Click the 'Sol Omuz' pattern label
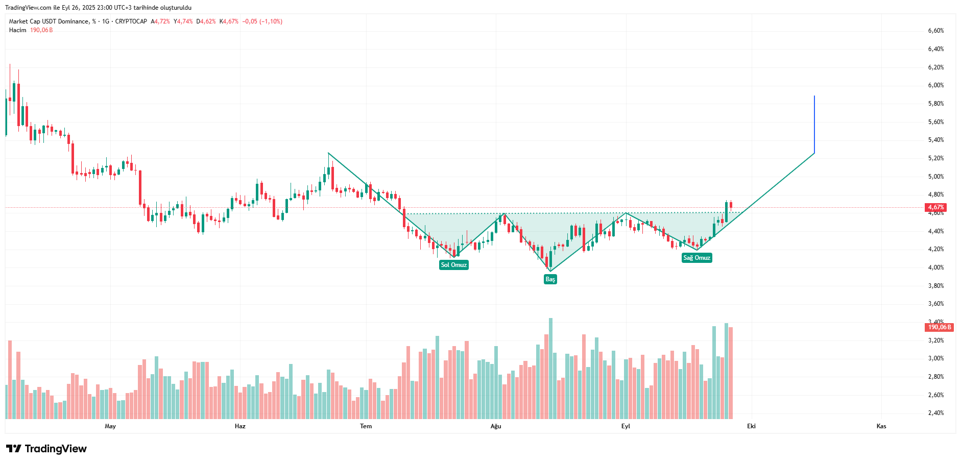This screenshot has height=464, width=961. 453,265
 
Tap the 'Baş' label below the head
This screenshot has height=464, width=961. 550,279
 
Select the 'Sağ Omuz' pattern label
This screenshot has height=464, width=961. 696,258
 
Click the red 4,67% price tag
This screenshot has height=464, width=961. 935,207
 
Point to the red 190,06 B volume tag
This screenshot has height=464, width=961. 939,327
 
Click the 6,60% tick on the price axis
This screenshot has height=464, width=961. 935,31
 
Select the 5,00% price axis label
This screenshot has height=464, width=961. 935,177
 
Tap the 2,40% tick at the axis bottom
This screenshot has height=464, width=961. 935,413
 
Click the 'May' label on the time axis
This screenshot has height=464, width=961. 110,426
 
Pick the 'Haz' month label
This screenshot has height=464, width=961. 240,426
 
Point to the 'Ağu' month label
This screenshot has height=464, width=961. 496,426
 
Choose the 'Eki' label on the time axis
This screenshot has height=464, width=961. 751,426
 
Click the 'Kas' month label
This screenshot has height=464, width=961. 881,426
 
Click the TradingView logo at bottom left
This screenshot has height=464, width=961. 46,449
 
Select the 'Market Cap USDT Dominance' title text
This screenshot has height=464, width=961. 49,21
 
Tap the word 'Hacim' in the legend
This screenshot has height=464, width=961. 17,30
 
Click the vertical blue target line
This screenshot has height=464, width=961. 814,124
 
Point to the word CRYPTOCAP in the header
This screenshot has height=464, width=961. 131,21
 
